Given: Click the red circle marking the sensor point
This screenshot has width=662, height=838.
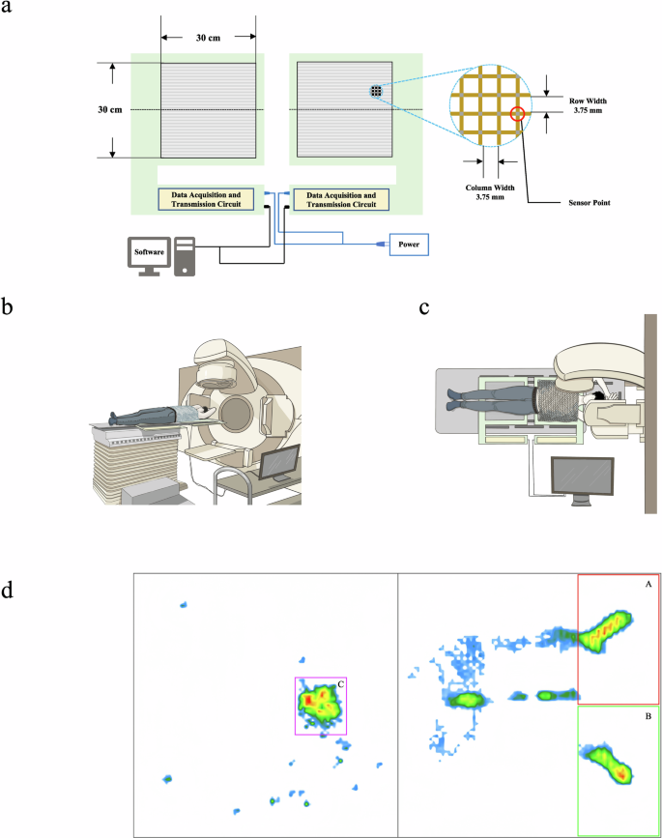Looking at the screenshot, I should (x=518, y=113).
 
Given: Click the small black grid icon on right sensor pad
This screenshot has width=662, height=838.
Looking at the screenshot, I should (x=376, y=92).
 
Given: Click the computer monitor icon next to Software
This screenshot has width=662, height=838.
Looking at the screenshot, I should (x=150, y=254).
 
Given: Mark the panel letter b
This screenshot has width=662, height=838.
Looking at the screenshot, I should (x=9, y=308).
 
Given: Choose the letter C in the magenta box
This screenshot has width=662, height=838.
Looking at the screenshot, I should (x=340, y=684).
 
